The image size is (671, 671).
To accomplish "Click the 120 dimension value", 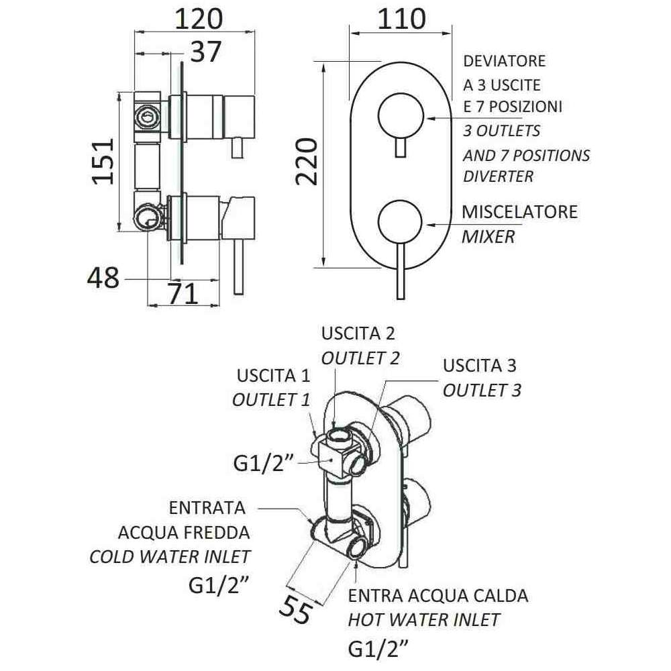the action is [199, 19].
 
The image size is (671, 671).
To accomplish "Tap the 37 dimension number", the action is [205, 52].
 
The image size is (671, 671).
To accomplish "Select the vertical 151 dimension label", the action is [104, 161].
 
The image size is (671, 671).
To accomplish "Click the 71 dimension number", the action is [183, 294].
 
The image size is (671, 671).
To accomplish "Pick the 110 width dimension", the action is [401, 19].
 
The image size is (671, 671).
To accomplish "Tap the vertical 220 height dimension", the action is [307, 161].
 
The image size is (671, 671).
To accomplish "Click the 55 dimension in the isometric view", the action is [296, 608].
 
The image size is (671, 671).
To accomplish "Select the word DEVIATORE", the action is [505, 61].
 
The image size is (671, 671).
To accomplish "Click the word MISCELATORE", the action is [520, 212].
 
